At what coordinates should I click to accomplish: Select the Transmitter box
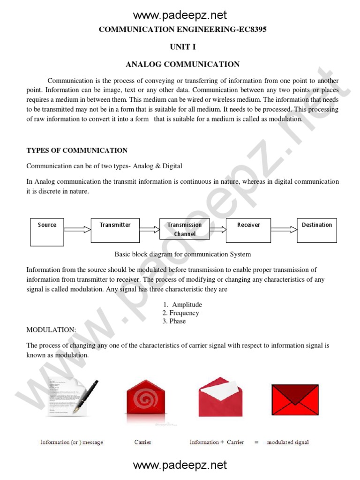115,230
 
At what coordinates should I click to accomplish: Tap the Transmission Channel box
184,230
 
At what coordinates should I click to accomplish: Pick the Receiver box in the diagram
248,230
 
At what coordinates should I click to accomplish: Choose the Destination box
316,230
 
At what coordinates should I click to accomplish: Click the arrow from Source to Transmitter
77,230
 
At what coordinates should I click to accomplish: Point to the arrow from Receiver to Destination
284,230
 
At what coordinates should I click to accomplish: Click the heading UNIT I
182,47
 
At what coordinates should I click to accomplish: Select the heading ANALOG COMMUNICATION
182,64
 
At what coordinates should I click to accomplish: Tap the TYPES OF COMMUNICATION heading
77,150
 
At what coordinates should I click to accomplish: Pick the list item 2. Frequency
180,313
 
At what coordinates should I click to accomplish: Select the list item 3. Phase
174,321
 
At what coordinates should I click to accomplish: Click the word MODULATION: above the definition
51,330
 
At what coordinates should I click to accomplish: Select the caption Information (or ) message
71,442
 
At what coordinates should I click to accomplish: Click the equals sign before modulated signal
256,442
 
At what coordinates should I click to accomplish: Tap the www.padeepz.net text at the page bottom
180,465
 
